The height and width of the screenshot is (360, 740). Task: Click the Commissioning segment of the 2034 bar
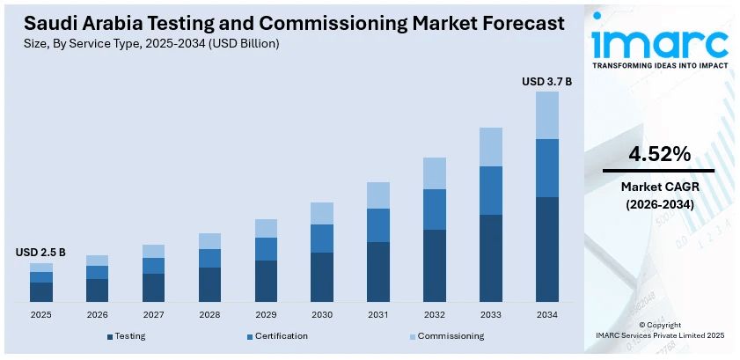click(547, 115)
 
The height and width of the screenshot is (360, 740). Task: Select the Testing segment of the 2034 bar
click(547, 249)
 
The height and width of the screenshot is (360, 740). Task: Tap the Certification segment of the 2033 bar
click(491, 190)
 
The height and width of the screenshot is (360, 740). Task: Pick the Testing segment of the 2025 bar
click(41, 292)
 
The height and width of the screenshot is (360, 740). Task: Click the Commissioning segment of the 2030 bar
click(322, 213)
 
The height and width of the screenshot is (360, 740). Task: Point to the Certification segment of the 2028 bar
click(209, 258)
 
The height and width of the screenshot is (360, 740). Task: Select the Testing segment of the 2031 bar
click(378, 272)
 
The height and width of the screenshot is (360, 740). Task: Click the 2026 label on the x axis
click(97, 314)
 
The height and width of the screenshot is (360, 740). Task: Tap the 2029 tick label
click(266, 314)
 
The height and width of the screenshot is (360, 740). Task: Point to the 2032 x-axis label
click(435, 314)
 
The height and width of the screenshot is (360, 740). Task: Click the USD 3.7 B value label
click(546, 82)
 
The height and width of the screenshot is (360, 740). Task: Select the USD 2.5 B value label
click(40, 253)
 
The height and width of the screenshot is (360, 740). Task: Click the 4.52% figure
click(658, 154)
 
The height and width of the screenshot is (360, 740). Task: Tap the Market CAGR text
click(658, 187)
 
